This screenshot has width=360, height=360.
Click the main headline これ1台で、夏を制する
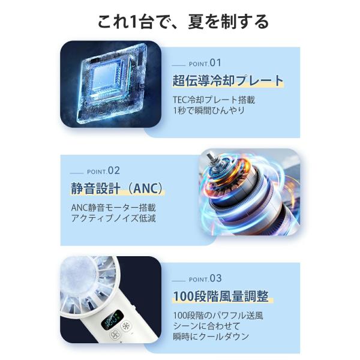coord(183,22)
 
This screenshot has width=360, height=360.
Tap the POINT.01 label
coord(205,63)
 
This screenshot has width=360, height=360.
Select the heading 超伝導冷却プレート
coord(228,80)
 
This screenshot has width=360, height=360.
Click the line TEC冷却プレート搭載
coord(214,100)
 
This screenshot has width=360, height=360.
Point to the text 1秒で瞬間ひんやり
coord(209,110)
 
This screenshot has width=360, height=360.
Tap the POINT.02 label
coord(104,171)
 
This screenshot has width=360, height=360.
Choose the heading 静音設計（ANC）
coord(117,188)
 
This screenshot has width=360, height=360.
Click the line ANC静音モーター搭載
coord(113,208)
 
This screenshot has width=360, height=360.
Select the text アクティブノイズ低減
coord(113,218)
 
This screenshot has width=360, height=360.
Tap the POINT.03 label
coord(205,278)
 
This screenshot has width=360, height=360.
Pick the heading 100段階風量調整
coord(221,296)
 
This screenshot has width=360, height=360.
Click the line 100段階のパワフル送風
coord(218,316)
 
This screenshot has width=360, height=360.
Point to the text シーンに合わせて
coord(206,326)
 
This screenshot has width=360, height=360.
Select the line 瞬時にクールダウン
coord(211,337)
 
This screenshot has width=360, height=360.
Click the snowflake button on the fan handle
coord(125,327)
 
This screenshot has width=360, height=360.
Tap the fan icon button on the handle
coord(115,335)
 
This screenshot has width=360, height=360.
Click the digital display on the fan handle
coord(112,319)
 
